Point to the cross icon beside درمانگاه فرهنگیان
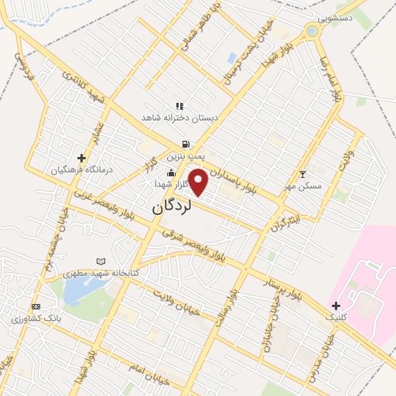pyautogui.click(x=81, y=158)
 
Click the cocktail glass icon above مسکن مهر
pyautogui.click(x=302, y=174)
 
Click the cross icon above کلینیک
pyautogui.click(x=335, y=305)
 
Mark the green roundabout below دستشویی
pyautogui.click(x=312, y=32)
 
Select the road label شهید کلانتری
pyautogui.click(x=82, y=83)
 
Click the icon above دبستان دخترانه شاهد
pyautogui.click(x=179, y=105)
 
